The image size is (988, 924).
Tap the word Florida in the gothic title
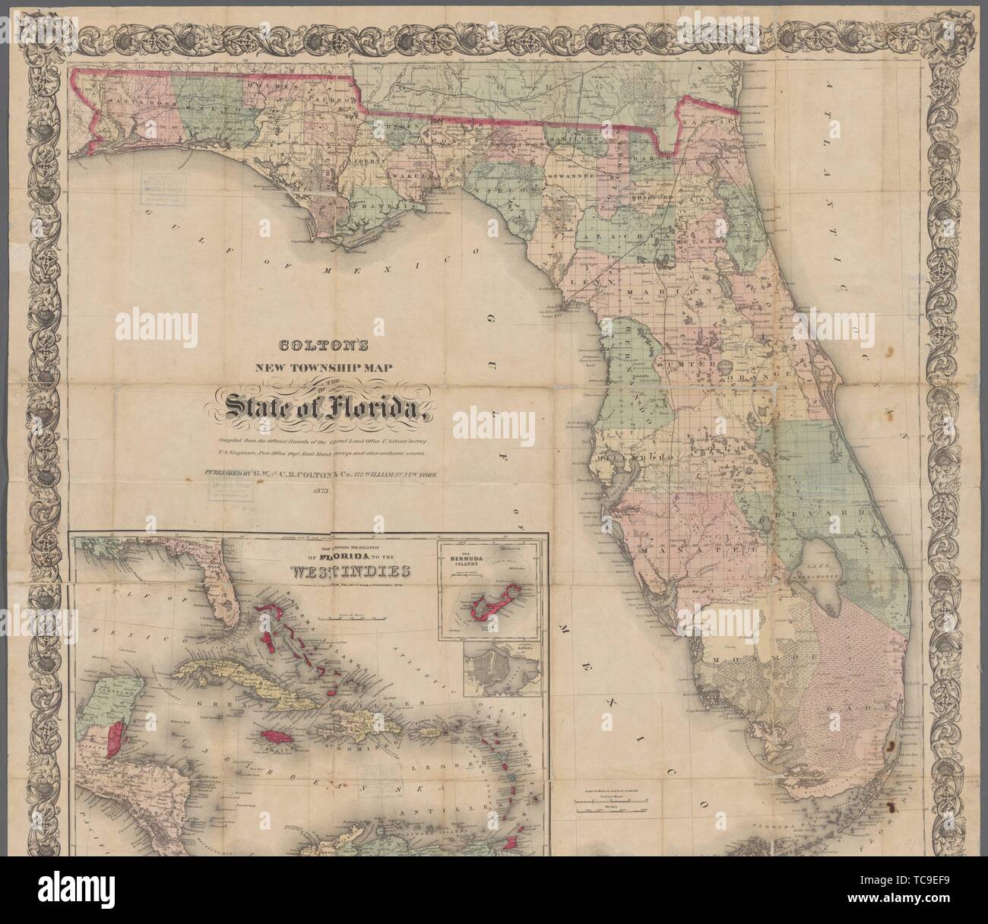click(x=381, y=411)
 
